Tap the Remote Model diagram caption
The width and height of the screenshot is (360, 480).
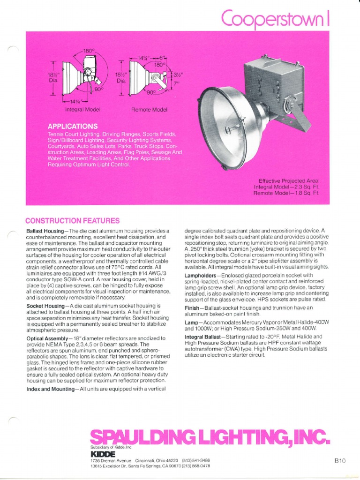[x=149, y=109]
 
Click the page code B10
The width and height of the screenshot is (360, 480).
[x=340, y=461]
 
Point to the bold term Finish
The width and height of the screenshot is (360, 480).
[x=194, y=307]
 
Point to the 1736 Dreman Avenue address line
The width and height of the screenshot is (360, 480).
[x=150, y=461]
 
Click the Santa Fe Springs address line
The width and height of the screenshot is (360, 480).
[x=150, y=466]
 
